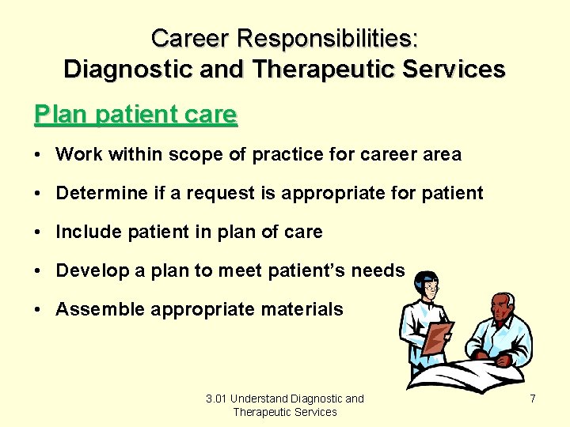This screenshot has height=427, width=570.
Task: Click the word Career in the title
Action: pyautogui.click(x=187, y=37)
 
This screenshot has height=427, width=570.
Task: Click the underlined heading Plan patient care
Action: pyautogui.click(x=135, y=115)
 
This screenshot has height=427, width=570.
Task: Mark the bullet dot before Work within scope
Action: pyautogui.click(x=39, y=155)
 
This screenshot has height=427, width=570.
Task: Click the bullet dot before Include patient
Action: pyautogui.click(x=39, y=232)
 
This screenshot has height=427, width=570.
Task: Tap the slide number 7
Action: pyautogui.click(x=533, y=399)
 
